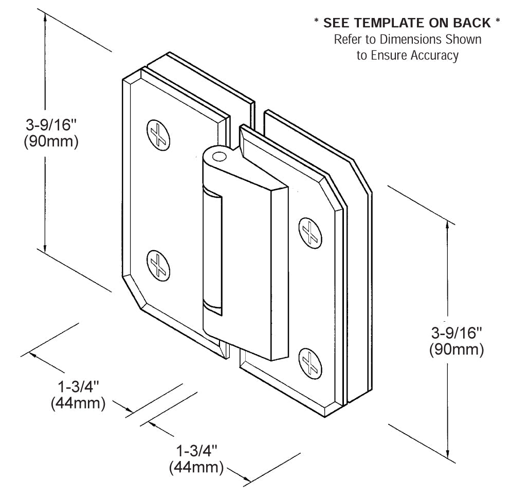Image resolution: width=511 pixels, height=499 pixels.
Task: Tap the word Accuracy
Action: [434, 56]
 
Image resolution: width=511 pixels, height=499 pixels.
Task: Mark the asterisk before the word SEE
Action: [317, 23]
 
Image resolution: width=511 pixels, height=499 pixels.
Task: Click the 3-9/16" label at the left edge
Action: [51, 124]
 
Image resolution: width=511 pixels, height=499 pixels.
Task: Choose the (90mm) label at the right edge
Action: [456, 350]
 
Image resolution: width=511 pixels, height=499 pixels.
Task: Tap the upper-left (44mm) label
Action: [78, 403]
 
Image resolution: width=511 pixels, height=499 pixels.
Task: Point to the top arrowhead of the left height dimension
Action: [46, 17]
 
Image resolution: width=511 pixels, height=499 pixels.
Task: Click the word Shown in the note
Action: [465, 40]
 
